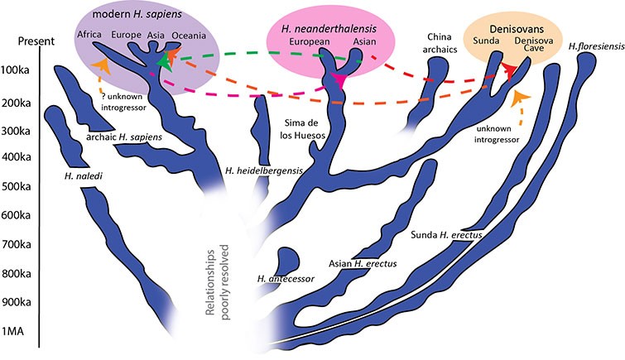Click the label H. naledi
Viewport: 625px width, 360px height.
coord(81,175)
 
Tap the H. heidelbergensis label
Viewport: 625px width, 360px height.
coord(262,170)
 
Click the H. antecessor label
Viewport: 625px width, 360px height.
coord(286,279)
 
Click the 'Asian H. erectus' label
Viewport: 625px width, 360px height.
coord(364,264)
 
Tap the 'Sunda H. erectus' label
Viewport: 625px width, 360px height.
coord(446,234)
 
